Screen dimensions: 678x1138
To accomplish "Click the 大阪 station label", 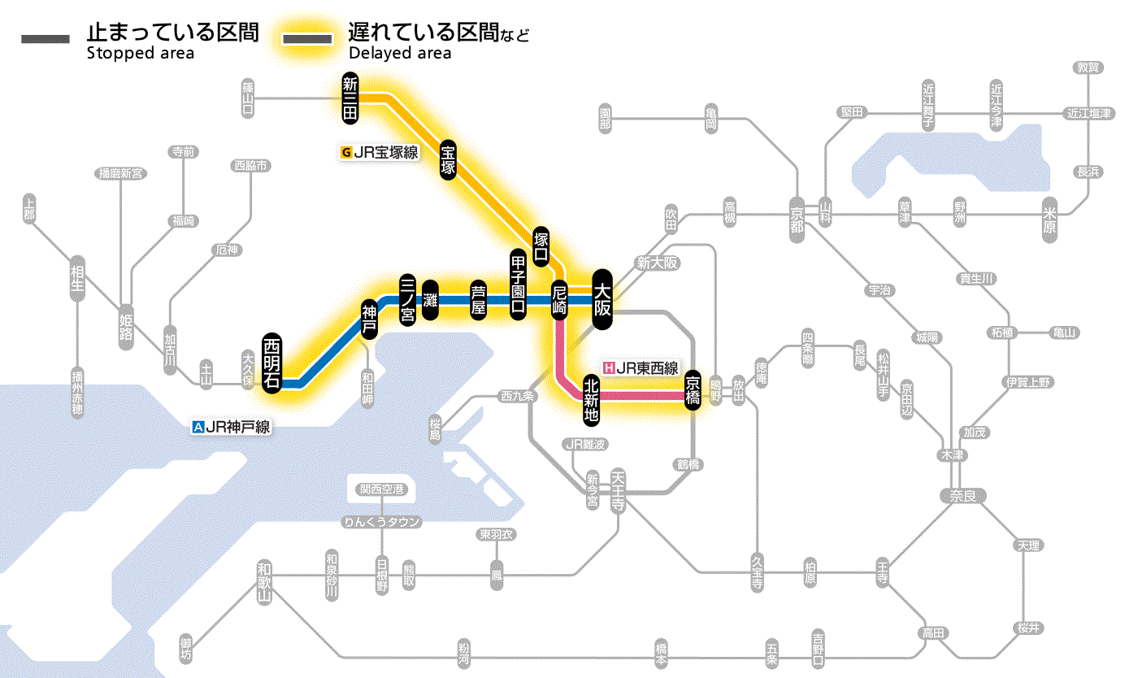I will pos(602,298).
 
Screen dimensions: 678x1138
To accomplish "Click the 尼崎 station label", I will pos(559,299).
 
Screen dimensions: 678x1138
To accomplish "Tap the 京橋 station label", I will pos(693,390).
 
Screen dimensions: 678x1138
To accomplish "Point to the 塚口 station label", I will pos(541,246).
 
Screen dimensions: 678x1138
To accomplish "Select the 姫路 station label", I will pos(126,327).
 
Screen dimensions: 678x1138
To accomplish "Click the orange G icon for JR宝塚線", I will pos(347,151).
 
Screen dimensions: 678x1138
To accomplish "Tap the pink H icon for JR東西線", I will pos(609,367).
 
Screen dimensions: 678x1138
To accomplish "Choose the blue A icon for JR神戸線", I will pos(198,426).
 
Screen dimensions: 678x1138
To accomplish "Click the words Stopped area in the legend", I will pos(141,54).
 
